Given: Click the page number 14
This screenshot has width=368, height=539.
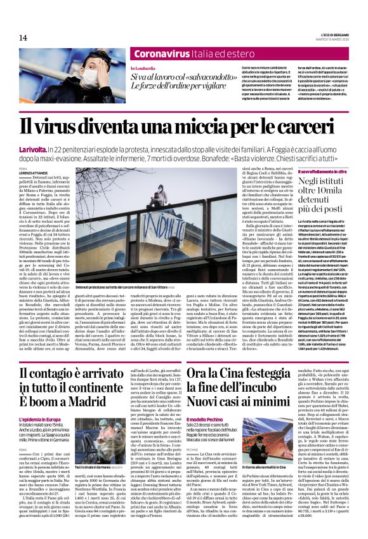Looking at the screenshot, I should [23, 37].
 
